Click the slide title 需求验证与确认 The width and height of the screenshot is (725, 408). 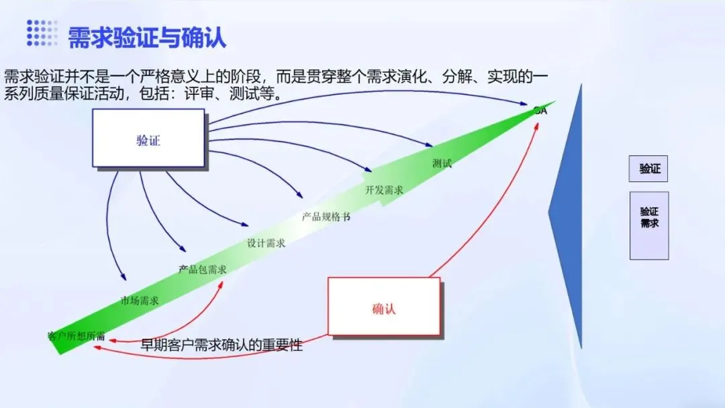pos(147,37)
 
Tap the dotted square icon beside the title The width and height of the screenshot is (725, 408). pos(42,33)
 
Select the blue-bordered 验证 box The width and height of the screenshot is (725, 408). pos(148,138)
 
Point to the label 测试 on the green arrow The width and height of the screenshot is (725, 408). pos(442,163)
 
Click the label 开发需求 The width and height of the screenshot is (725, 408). pos(384,190)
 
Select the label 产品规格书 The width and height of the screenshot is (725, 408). pos(326,218)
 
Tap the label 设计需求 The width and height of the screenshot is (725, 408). pos(267,243)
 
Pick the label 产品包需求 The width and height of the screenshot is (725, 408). pos(202,270)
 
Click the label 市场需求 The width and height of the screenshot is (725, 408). pos(140,300)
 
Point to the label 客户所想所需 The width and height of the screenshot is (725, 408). pos(76,335)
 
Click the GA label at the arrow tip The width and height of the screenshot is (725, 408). pos(540,111)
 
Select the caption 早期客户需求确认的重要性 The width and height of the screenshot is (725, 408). pos(222,345)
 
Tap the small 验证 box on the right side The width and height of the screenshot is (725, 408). pos(649,169)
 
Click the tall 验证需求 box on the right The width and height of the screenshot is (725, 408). pos(649,225)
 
